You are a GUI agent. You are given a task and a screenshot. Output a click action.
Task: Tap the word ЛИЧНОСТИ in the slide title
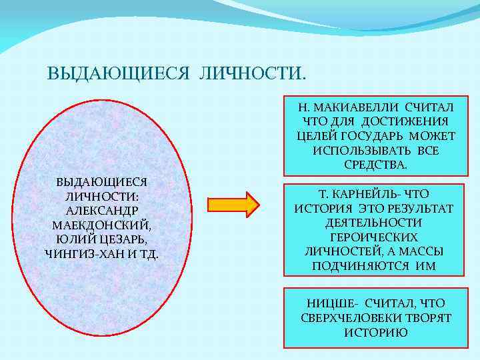(252, 71)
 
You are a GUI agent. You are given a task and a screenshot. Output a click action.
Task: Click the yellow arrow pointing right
(232, 205)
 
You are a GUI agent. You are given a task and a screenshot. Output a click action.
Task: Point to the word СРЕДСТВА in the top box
(375, 164)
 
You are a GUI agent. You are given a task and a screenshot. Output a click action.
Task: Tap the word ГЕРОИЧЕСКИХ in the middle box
(373, 237)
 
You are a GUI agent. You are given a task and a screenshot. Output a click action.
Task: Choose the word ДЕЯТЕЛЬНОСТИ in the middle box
(373, 223)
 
